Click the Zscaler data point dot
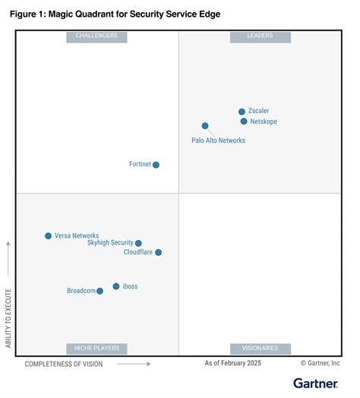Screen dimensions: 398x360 pos(242,112)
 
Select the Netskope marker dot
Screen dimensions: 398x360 pos(244,122)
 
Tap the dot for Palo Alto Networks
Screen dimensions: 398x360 pos(205,126)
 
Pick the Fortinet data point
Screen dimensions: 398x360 pos(156,165)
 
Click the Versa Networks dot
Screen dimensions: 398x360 pos(49,236)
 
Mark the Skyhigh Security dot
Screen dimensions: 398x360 pos(138,244)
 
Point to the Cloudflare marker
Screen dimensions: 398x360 pos(158,252)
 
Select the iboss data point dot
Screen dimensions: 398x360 pos(116,286)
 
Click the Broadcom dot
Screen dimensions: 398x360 pos(99,291)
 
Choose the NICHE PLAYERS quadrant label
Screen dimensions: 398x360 pos(96,349)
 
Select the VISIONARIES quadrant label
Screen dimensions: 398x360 pos(261,349)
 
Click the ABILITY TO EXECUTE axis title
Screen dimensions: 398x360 pos(9,317)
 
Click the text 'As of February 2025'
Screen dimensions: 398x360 pos(232,364)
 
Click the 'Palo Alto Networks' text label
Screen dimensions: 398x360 pos(218,141)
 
